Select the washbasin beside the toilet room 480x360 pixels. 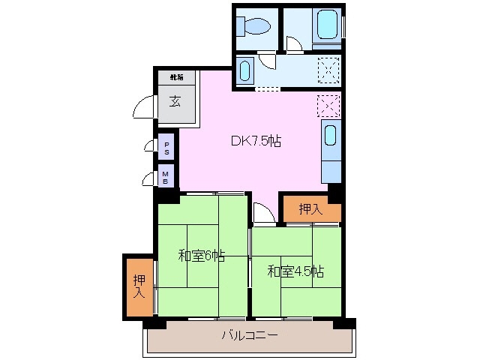245,72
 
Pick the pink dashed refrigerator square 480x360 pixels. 328,106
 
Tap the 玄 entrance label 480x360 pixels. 175,102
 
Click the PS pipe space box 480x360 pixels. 166,148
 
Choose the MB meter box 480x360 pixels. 166,177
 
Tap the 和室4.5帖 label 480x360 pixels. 295,271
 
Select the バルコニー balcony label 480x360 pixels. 250,335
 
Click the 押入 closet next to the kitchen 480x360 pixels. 310,209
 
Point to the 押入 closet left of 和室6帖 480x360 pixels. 139,287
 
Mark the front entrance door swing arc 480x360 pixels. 144,108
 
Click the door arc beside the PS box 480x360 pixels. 149,148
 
